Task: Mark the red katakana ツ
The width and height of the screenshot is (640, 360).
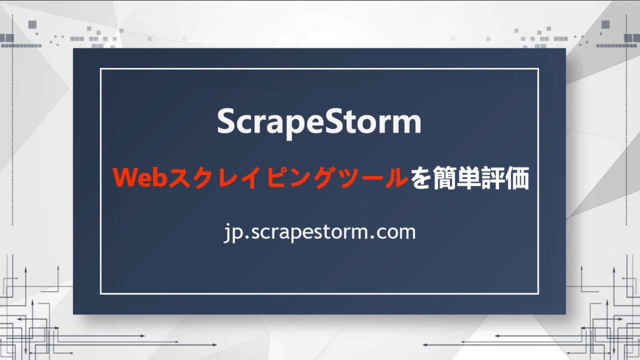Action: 341,178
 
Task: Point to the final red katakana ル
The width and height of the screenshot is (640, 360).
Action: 395,178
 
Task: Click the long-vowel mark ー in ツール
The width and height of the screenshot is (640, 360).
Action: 368,178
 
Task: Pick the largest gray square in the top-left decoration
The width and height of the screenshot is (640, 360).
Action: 32,24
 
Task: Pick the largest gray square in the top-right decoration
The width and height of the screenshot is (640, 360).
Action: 605,24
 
